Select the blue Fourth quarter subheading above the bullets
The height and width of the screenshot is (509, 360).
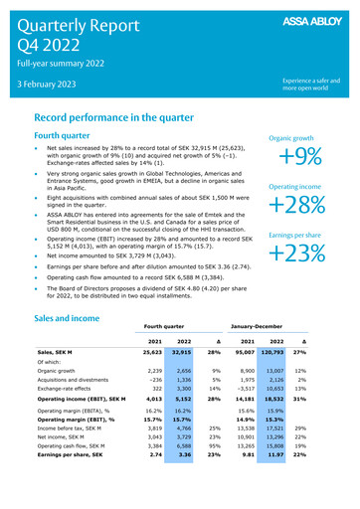[x=70, y=136]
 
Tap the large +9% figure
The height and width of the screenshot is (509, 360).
[x=301, y=158]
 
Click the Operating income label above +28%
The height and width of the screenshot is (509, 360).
[x=301, y=186]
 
